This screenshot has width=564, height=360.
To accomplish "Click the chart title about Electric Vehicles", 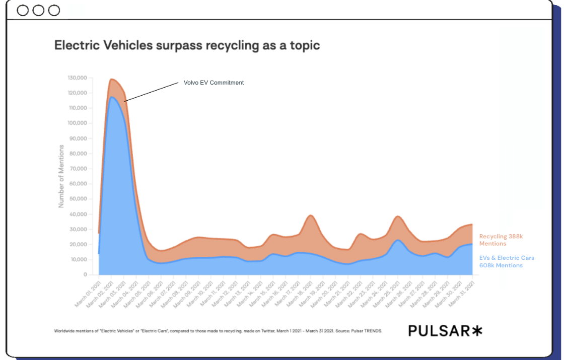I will [187, 45].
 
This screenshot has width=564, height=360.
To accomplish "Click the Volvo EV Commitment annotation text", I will [214, 83].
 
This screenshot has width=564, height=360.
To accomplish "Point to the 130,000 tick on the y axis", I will [77, 78].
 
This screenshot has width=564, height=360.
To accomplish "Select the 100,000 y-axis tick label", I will [77, 123].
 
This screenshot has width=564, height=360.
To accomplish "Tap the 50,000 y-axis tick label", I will [78, 199].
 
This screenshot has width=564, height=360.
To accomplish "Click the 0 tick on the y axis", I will [85, 275].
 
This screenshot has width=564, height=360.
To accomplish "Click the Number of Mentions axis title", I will [61, 176].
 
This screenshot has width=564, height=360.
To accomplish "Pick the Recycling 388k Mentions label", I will [501, 240].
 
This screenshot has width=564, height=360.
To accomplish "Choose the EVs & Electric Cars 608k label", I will [507, 261].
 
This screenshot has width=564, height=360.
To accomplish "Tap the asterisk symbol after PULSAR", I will [476, 330].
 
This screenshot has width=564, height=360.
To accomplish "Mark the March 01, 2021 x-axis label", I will [90, 291].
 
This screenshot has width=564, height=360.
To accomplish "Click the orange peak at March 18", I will [311, 216].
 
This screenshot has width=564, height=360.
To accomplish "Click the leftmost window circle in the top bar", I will [23, 10].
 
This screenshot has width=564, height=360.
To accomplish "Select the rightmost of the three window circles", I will [53, 10].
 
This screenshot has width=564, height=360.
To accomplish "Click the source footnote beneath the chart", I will [218, 331].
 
